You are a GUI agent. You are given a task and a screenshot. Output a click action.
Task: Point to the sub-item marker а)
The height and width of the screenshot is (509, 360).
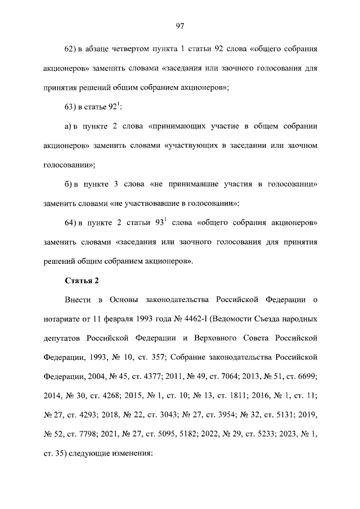[70, 125]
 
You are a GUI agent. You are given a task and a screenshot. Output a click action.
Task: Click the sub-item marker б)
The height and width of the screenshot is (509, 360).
[70, 184]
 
